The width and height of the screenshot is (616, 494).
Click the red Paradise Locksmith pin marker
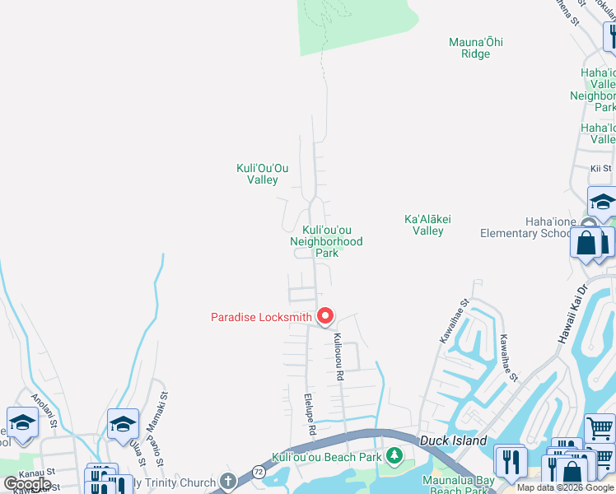pyautogui.click(x=325, y=316)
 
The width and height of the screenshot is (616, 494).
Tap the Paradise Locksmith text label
pyautogui.click(x=261, y=317)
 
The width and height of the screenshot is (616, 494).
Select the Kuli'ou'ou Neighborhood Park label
pyautogui.click(x=326, y=241)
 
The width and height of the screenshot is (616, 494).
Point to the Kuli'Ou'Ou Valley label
pyautogui.click(x=257, y=174)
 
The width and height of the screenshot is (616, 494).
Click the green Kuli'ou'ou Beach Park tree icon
pyautogui.click(x=394, y=455)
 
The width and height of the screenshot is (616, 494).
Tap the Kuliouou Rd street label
pyautogui.click(x=338, y=357)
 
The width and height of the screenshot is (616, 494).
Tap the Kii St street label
pyautogui.click(x=600, y=169)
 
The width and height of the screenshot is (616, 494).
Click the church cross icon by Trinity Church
pyautogui.click(x=227, y=482)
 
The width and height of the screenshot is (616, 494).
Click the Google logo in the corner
pyautogui.click(x=27, y=484)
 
